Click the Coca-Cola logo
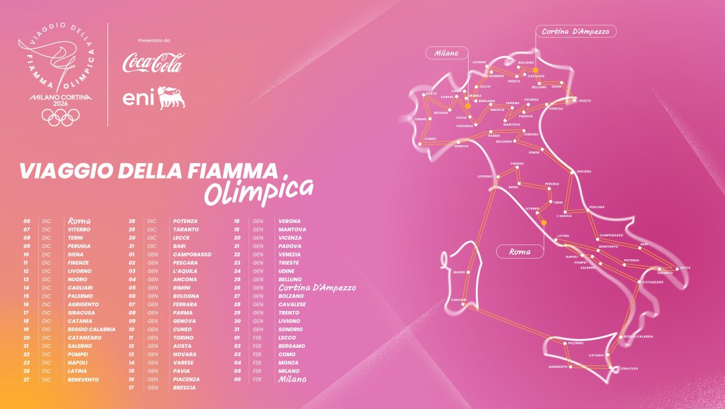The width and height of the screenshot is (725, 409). point(152,63)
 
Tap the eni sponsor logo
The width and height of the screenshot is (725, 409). point(152,98)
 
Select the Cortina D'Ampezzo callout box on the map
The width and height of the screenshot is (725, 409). point(575,31)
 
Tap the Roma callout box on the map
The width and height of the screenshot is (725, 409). point(520,252)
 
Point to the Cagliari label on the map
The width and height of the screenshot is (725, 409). point(459,300)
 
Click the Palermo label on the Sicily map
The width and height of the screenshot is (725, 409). point(575,343)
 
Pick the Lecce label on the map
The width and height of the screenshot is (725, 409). point(685,267)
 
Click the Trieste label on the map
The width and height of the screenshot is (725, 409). point(585,100)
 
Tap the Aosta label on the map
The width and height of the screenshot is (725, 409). point(432,93)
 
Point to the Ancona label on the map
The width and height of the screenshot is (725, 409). point(585,171)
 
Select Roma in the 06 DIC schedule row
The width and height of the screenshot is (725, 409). point(79,221)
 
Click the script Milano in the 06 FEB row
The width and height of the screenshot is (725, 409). point(292,379)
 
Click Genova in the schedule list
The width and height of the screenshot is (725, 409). point(184,321)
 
